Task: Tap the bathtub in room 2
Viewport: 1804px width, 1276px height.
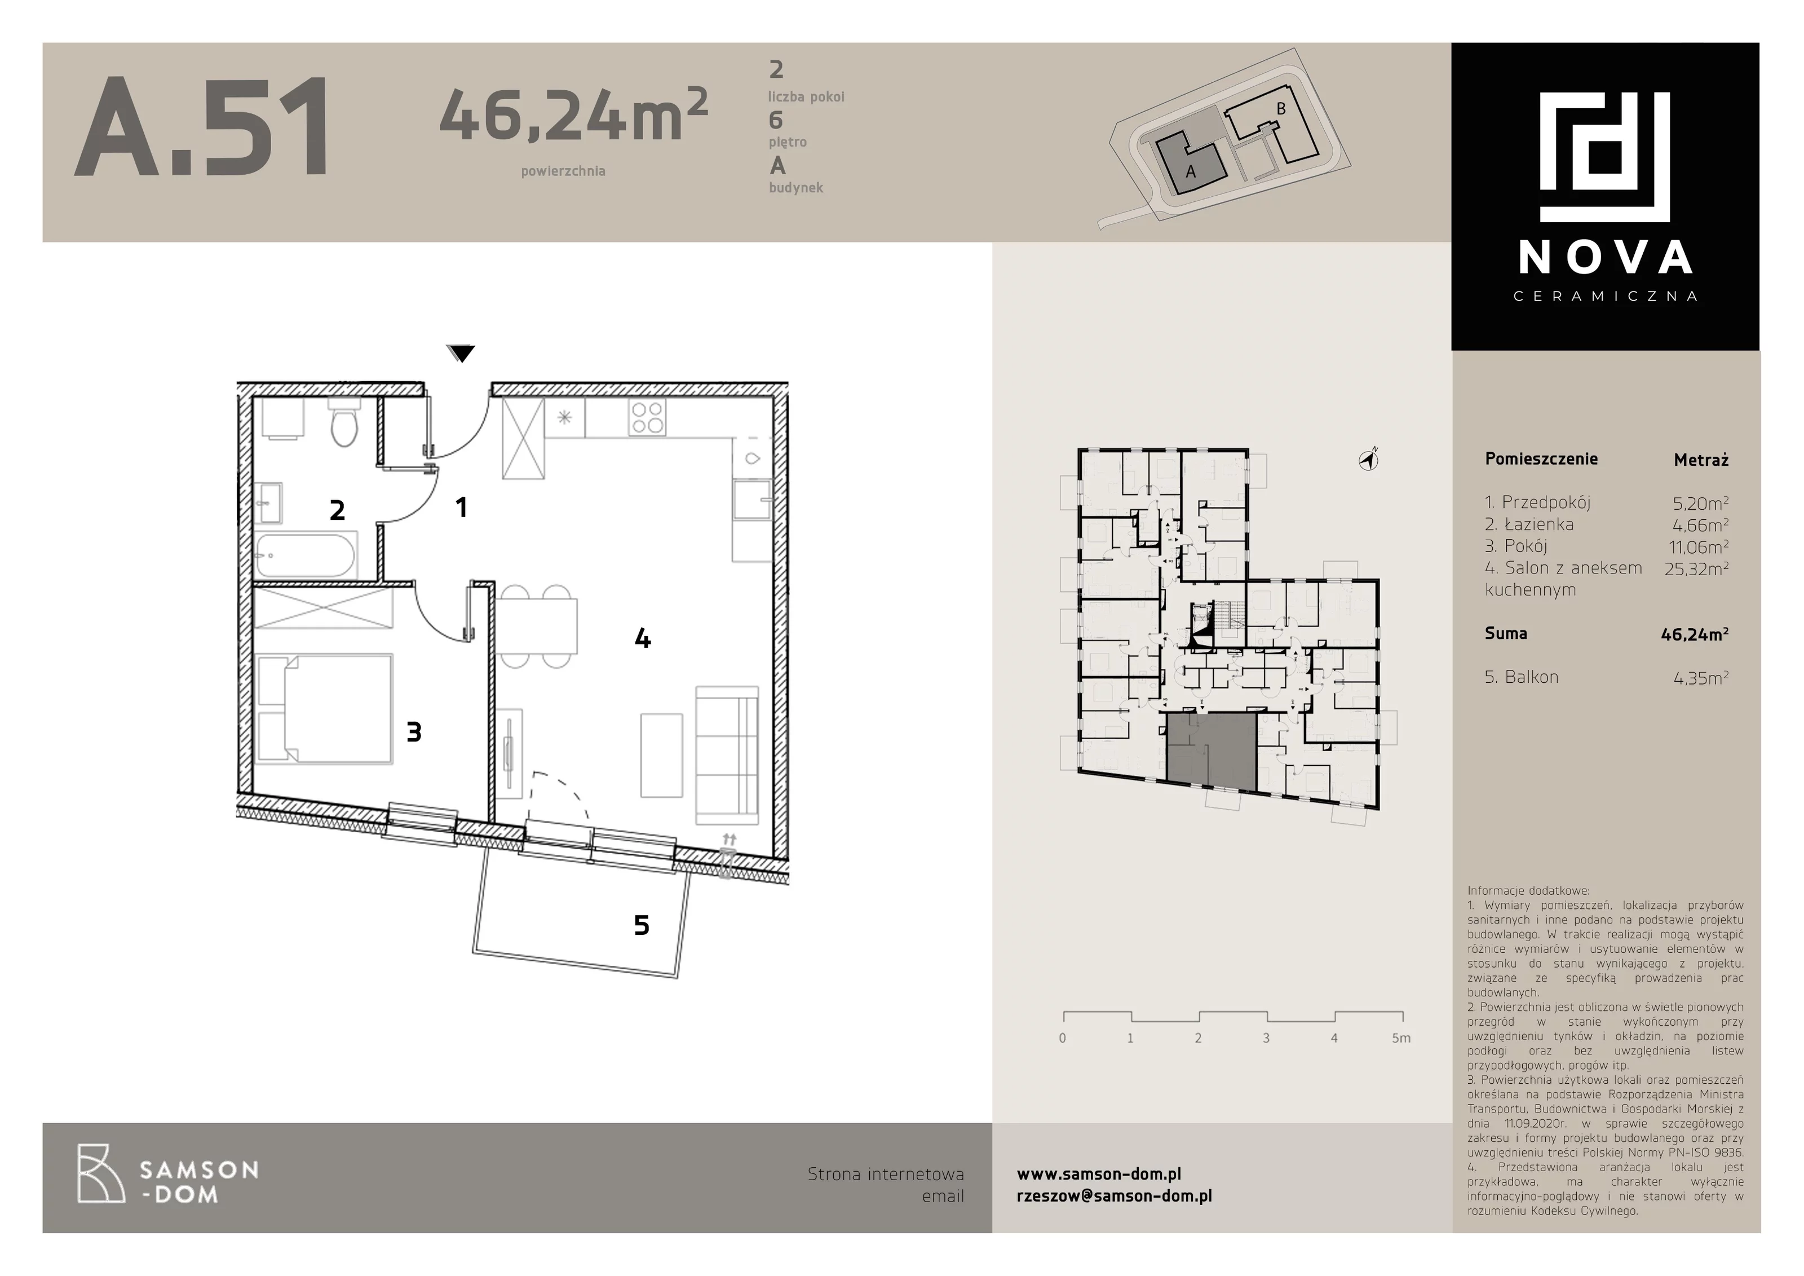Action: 306,555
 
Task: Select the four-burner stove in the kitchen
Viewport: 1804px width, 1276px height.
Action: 647,417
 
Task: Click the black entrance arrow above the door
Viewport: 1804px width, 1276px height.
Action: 461,354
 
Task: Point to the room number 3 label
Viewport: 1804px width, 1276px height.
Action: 414,732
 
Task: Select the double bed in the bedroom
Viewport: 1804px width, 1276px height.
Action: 325,709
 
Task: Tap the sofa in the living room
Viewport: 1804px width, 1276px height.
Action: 727,755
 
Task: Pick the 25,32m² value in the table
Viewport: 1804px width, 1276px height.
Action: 1696,568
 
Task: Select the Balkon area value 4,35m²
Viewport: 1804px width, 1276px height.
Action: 1701,677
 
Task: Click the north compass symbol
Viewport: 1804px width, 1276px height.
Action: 1369,461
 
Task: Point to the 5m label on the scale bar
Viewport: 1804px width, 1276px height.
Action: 1401,1038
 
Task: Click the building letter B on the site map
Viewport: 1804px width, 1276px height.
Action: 1281,108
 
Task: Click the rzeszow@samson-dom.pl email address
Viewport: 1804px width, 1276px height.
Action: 1114,1196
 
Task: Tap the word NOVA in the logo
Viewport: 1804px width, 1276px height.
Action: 1605,258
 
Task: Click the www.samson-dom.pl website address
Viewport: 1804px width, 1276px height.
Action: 1098,1174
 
